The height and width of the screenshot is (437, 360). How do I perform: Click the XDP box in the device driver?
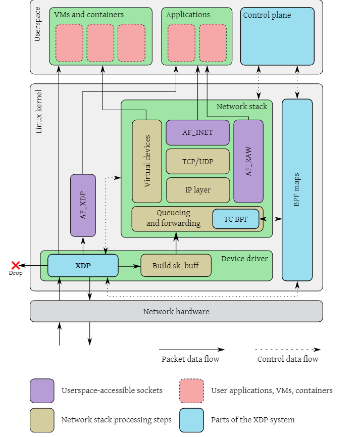click(83, 265)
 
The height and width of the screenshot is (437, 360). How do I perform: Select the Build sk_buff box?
click(175, 265)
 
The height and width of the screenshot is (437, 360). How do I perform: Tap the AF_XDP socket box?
click(83, 205)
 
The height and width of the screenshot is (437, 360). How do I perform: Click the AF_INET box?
click(197, 132)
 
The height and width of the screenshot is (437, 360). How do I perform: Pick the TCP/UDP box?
click(197, 161)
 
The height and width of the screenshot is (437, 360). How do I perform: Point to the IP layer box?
click(197, 190)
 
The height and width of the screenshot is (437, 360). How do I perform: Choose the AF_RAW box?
click(248, 161)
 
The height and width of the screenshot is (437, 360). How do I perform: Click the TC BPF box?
click(235, 219)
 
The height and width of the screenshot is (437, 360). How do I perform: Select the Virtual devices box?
click(147, 161)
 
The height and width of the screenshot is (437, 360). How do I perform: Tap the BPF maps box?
click(297, 190)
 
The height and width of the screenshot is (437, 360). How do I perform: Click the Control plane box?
click(277, 36)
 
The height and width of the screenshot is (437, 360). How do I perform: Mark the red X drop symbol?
click(16, 265)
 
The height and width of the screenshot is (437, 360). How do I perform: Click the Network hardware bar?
click(176, 311)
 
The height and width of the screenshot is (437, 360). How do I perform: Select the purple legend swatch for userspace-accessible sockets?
click(42, 391)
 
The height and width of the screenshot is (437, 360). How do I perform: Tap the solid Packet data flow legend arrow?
click(191, 349)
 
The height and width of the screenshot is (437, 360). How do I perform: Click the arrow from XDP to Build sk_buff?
click(129, 265)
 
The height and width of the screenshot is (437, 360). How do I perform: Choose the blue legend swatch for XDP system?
click(191, 420)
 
